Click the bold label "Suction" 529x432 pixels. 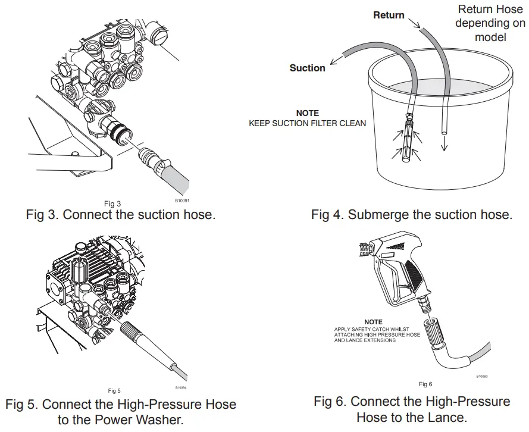[307, 68]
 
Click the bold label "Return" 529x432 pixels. [389, 15]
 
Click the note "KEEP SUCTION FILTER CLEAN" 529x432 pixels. [307, 119]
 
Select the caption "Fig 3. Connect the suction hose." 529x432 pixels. [121, 215]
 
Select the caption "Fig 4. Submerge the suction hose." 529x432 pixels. [411, 215]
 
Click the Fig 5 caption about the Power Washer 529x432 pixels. [121, 412]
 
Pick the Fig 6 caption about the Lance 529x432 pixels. [412, 409]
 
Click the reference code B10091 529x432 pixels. [181, 201]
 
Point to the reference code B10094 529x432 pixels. [181, 387]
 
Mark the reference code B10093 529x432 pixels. [483, 376]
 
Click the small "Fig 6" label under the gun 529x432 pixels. [425, 384]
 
